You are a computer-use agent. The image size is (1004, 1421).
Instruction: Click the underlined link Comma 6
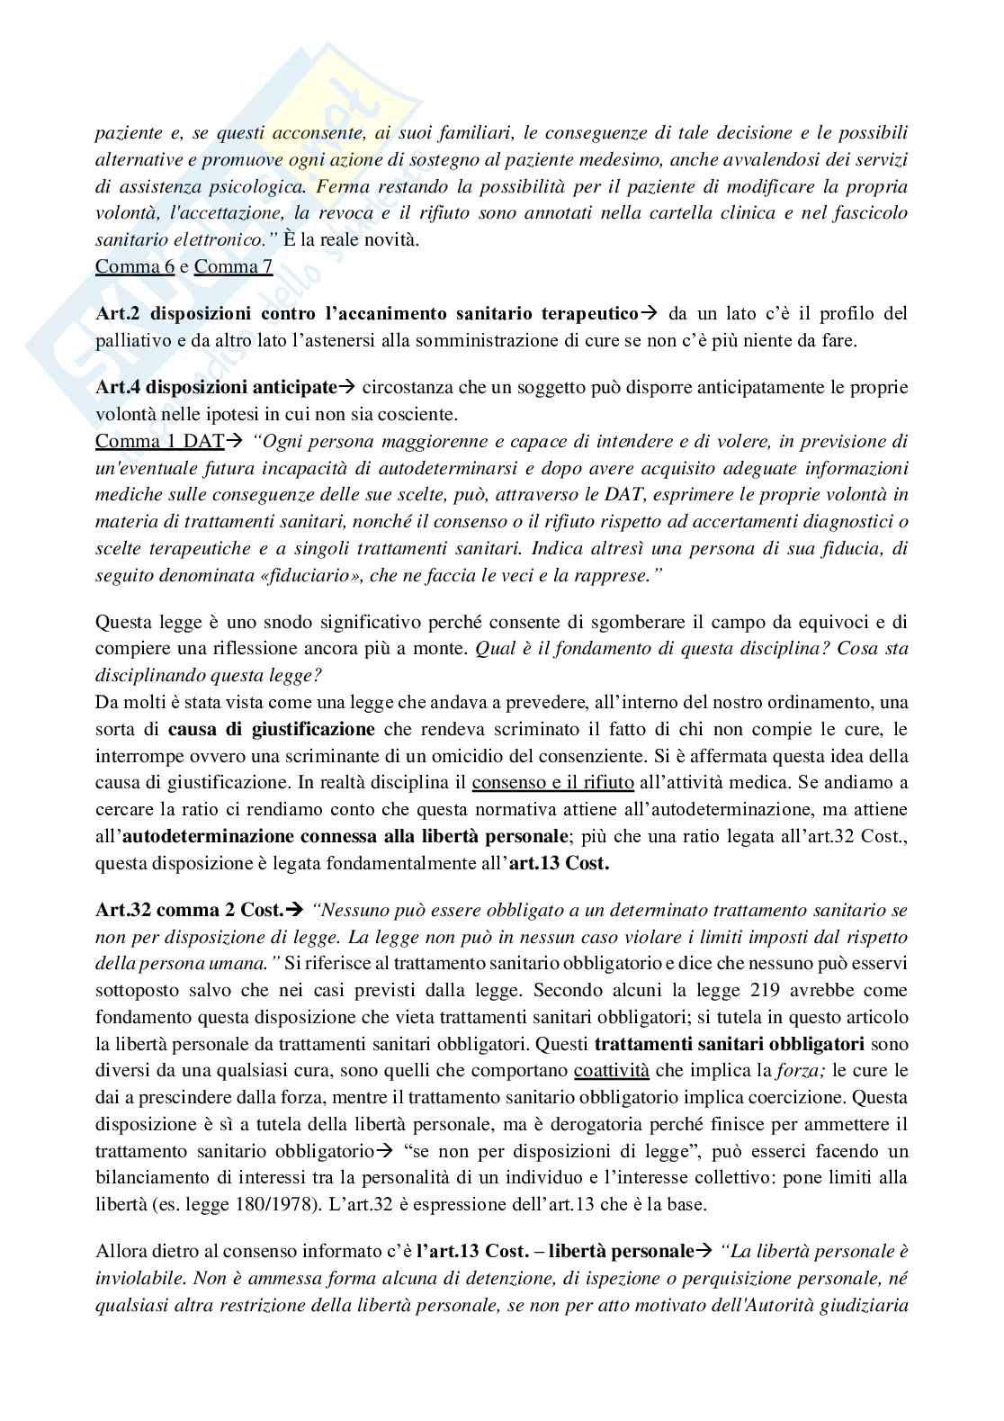pyautogui.click(x=134, y=267)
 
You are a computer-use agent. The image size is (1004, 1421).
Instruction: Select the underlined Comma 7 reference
pyautogui.click(x=233, y=267)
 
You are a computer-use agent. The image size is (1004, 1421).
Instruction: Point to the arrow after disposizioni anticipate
pyautogui.click(x=346, y=388)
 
